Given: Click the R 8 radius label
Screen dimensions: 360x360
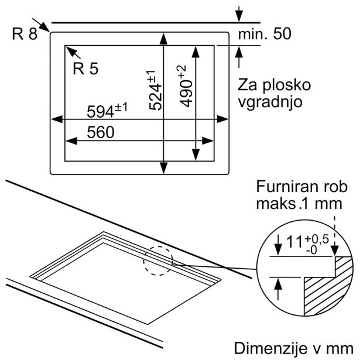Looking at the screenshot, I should click(25, 33).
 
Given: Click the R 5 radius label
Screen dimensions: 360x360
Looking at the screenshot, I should click(86, 68).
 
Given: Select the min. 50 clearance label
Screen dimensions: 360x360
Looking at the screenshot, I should click(264, 35).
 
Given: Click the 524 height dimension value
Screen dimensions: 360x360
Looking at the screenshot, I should click(153, 90).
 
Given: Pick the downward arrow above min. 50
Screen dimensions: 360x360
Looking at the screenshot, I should click(239, 15).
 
